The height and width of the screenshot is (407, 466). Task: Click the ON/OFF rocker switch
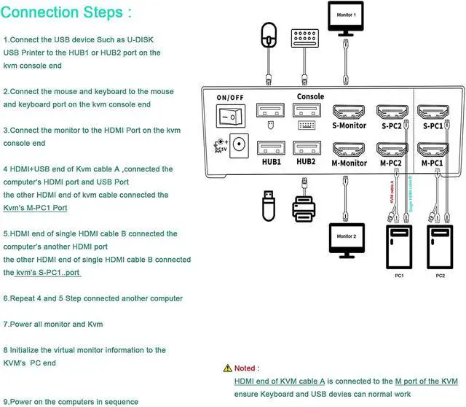(232, 115)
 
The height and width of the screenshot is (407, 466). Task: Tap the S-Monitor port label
(349, 126)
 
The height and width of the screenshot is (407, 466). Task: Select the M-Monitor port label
(349, 163)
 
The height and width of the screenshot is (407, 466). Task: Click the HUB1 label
(271, 161)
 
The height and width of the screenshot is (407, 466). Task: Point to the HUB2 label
(307, 161)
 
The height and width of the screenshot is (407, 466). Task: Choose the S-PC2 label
(392, 126)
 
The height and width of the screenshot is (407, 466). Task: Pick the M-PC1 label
(432, 163)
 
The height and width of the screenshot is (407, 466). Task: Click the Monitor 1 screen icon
(345, 20)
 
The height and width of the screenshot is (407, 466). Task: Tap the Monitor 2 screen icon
(347, 240)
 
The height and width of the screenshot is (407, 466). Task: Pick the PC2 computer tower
(441, 248)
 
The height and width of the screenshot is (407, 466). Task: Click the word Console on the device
(310, 96)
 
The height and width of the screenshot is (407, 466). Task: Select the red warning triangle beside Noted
(228, 368)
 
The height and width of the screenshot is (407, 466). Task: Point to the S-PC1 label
(432, 126)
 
